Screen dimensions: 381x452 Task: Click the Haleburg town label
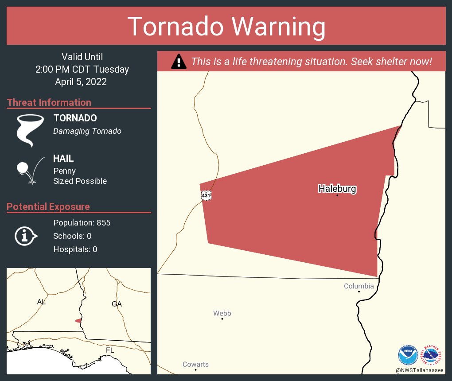(337, 189)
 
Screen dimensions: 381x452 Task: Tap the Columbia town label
(358, 286)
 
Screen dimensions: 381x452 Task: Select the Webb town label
(222, 314)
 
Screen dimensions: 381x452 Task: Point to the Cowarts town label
(195, 365)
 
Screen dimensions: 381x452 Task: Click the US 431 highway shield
(206, 195)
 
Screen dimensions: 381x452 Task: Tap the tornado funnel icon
(30, 130)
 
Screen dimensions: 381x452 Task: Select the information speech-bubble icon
(26, 236)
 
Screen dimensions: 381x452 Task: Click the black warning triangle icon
(179, 61)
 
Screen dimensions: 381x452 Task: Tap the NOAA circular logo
(408, 355)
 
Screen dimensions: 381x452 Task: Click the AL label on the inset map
(41, 302)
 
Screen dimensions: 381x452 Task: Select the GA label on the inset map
(117, 304)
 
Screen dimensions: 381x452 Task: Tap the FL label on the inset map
(109, 350)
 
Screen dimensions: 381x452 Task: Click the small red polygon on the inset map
(78, 320)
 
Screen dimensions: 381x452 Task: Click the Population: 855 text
(82, 222)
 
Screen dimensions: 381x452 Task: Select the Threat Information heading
(49, 102)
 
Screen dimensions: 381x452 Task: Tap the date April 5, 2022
(81, 82)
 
